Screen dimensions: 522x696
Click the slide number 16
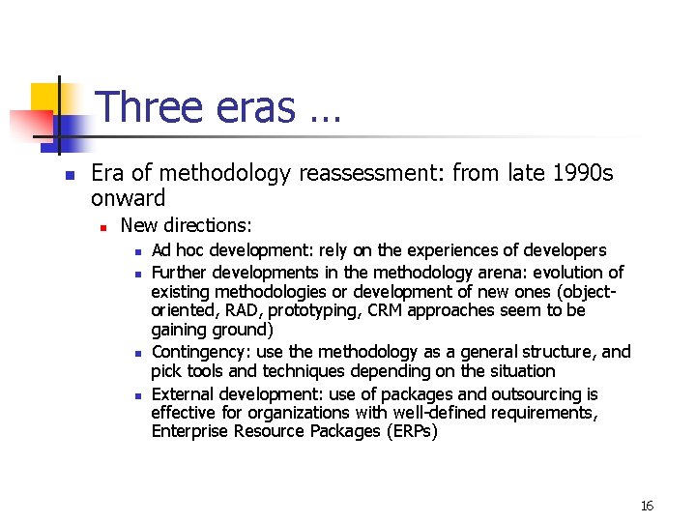[x=647, y=506]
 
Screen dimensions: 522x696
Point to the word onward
[x=128, y=198]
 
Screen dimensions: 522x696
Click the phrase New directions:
[x=186, y=225]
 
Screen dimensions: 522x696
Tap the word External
[x=183, y=393]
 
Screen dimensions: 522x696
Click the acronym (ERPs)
[x=410, y=431]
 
